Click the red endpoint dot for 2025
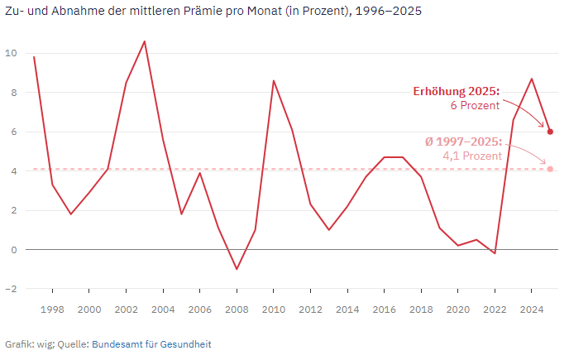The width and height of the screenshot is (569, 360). pyautogui.click(x=550, y=132)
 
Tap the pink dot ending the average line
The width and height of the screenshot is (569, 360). pyautogui.click(x=550, y=169)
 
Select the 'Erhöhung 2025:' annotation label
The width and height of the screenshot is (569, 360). pyautogui.click(x=457, y=91)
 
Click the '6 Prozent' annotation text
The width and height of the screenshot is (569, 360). pyautogui.click(x=475, y=106)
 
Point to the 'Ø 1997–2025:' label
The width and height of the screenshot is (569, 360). pyautogui.click(x=463, y=142)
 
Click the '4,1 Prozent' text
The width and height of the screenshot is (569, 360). pyautogui.click(x=472, y=156)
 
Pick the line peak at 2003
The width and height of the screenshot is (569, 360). pyautogui.click(x=145, y=41)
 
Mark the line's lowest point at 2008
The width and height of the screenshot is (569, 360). pyautogui.click(x=237, y=269)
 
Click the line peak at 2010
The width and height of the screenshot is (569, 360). pyautogui.click(x=274, y=80)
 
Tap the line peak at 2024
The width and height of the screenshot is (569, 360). pyautogui.click(x=532, y=79)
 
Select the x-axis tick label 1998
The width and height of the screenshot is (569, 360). pyautogui.click(x=52, y=310)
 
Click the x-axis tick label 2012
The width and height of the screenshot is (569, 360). pyautogui.click(x=310, y=310)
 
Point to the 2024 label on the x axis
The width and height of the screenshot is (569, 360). pyautogui.click(x=532, y=310)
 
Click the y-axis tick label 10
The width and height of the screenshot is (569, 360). pyautogui.click(x=11, y=53)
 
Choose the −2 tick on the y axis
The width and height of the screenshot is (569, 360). pyautogui.click(x=11, y=289)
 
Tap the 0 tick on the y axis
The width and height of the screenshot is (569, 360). pyautogui.click(x=13, y=249)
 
